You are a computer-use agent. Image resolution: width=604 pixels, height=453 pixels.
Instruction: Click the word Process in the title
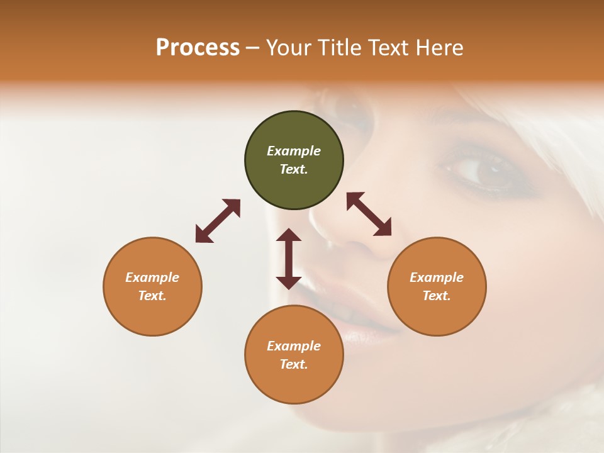tap(198, 48)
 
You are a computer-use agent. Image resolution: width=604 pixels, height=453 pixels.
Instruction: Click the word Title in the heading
tap(337, 48)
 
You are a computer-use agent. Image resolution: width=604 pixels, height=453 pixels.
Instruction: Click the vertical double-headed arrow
tap(289, 259)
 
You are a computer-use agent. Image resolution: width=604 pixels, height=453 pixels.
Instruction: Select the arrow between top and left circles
tap(218, 221)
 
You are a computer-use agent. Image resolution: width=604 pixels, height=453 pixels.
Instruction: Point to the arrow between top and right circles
tap(369, 214)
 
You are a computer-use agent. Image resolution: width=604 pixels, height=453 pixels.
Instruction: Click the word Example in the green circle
tap(294, 151)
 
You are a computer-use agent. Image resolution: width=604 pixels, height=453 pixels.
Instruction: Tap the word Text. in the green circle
tap(294, 169)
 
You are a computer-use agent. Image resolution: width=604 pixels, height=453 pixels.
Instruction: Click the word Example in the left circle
tap(152, 277)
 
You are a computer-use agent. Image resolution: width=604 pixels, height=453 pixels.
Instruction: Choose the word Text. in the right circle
tap(437, 296)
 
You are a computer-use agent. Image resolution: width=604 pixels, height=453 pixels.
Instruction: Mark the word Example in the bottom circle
tap(294, 346)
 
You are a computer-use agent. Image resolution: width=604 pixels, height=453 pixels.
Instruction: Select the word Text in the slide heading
tap(388, 48)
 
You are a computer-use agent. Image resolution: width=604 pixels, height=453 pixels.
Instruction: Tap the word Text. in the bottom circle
tap(294, 364)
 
